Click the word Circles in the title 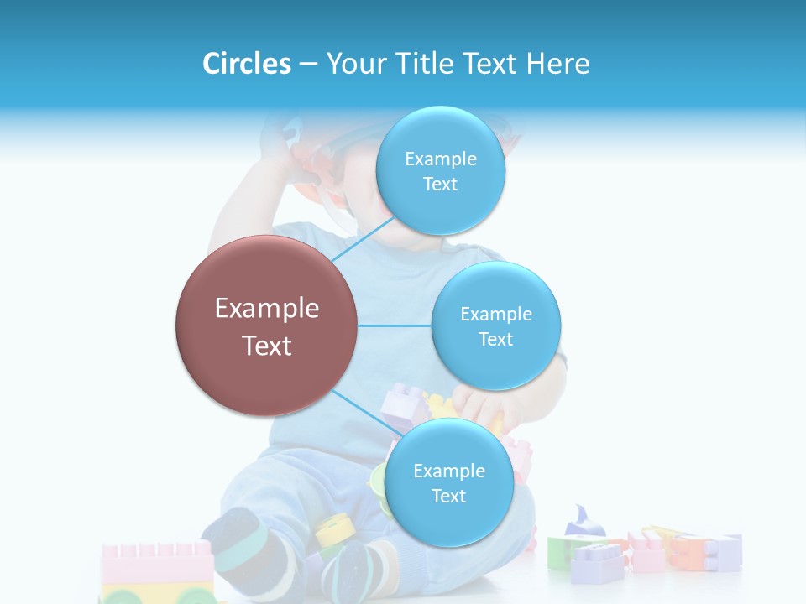pyautogui.click(x=246, y=64)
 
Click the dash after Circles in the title pyautogui.click(x=308, y=65)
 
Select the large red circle pyautogui.click(x=266, y=325)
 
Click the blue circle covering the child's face pyautogui.click(x=440, y=170)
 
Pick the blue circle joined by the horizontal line pyautogui.click(x=495, y=325)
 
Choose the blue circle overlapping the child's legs pyautogui.click(x=448, y=482)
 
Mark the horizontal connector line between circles pyautogui.click(x=394, y=325)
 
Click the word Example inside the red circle pyautogui.click(x=266, y=309)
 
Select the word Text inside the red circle pyautogui.click(x=266, y=346)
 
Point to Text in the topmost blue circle pyautogui.click(x=440, y=185)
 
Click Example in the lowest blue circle pyautogui.click(x=448, y=471)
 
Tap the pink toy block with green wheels pyautogui.click(x=157, y=571)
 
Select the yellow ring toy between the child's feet pyautogui.click(x=332, y=528)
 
